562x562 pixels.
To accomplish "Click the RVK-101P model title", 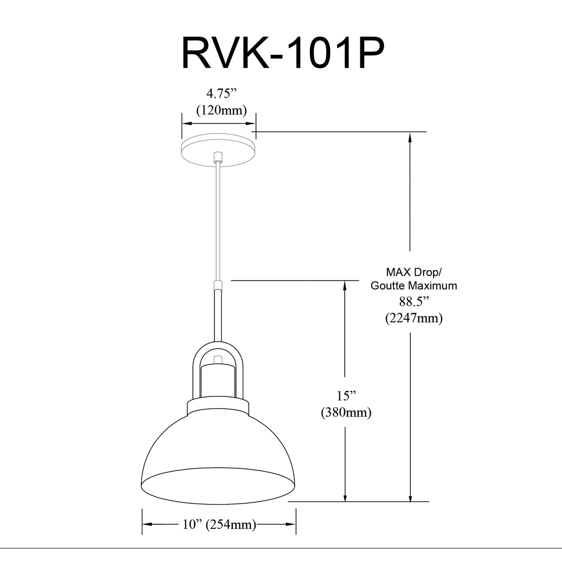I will tap(283, 54).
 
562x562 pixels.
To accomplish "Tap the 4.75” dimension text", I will tap(222, 93).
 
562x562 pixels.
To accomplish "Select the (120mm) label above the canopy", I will tap(222, 110).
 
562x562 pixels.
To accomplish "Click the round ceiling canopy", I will tap(218, 152).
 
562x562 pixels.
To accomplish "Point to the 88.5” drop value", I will tap(414, 302).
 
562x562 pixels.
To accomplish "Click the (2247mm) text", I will tap(414, 318).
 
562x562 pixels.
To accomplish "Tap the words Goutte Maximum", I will tap(414, 285).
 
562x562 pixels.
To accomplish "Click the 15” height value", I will tap(345, 396).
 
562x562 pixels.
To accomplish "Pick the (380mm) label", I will tap(346, 413).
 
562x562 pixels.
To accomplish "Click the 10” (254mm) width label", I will tap(219, 525).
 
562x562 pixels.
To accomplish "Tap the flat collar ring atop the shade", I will tap(218, 407).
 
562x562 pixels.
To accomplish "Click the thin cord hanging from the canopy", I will tap(218, 221).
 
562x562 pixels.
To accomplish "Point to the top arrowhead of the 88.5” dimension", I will tap(411, 137).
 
